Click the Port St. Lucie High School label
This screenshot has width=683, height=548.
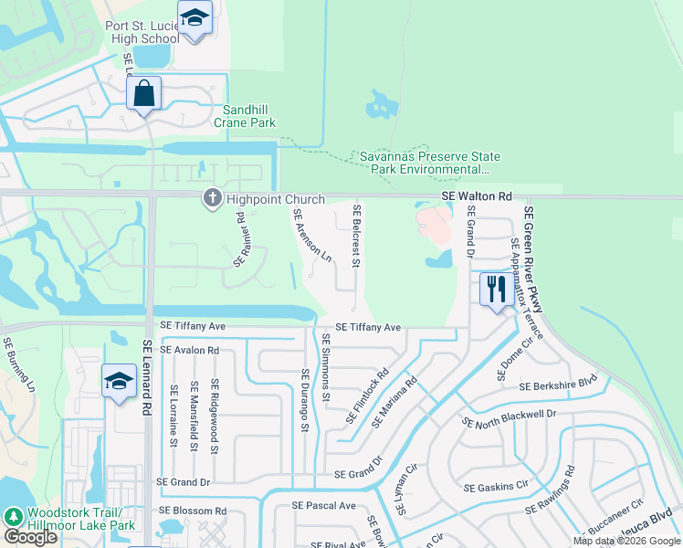142,32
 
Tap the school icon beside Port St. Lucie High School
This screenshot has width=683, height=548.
194,18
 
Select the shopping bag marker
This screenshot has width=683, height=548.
144,92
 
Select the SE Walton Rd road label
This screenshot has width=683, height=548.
477,196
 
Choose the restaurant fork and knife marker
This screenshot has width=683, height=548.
496,290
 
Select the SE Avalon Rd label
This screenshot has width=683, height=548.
190,350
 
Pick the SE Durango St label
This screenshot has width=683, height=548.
307,400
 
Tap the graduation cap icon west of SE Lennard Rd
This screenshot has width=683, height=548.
119,382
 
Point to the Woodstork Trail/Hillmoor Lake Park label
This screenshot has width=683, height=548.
81,519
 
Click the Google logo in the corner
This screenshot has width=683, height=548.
30,537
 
